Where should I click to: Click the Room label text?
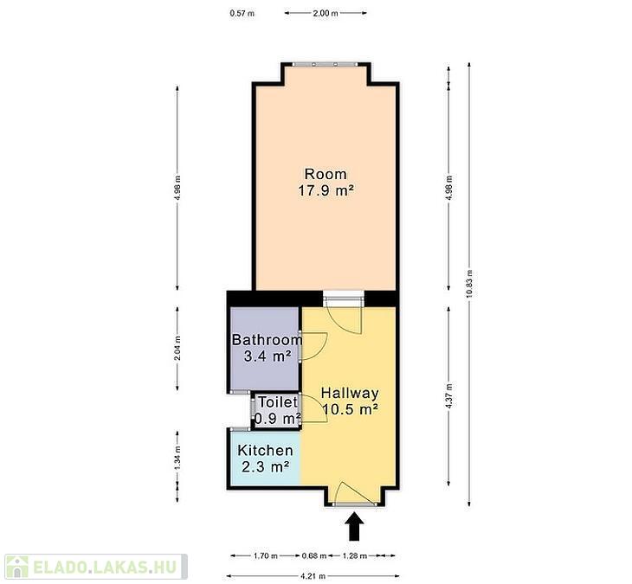click(326, 174)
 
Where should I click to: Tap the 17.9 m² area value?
click(326, 190)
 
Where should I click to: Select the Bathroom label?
click(267, 339)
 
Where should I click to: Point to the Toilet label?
click(278, 402)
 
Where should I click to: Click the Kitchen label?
click(265, 450)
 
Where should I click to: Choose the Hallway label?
click(350, 393)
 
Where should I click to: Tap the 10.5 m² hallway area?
click(350, 409)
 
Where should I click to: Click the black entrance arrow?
click(354, 526)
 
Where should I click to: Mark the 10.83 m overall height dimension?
click(468, 285)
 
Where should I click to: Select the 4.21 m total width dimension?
click(313, 576)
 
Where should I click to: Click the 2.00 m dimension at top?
click(326, 13)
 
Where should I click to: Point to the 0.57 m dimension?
click(242, 13)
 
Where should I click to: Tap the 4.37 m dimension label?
click(449, 396)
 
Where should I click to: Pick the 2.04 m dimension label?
click(177, 349)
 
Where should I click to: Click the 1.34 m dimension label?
click(177, 458)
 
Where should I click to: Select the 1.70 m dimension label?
click(266, 556)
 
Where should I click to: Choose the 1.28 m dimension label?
click(355, 556)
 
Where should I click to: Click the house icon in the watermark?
click(17, 567)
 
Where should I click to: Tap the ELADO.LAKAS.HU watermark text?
click(105, 567)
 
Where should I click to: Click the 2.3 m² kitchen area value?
click(265, 467)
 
